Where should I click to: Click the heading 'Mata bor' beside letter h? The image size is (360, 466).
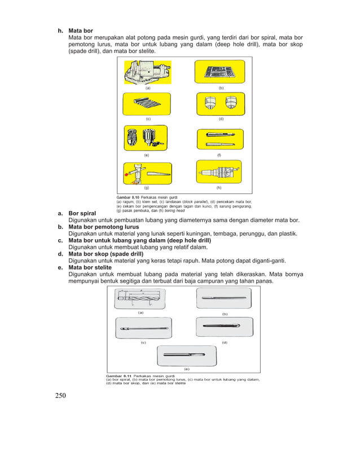pos(81,30)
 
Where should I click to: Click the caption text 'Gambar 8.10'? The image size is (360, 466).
pos(129,196)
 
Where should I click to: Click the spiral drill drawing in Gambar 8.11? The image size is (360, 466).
pos(141,297)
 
